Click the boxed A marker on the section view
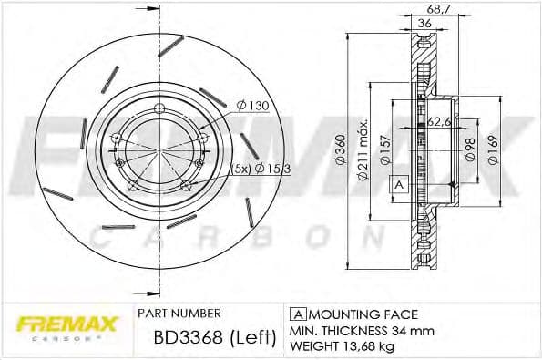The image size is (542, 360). click(398, 185)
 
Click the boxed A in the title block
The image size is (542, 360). click(296, 312)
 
